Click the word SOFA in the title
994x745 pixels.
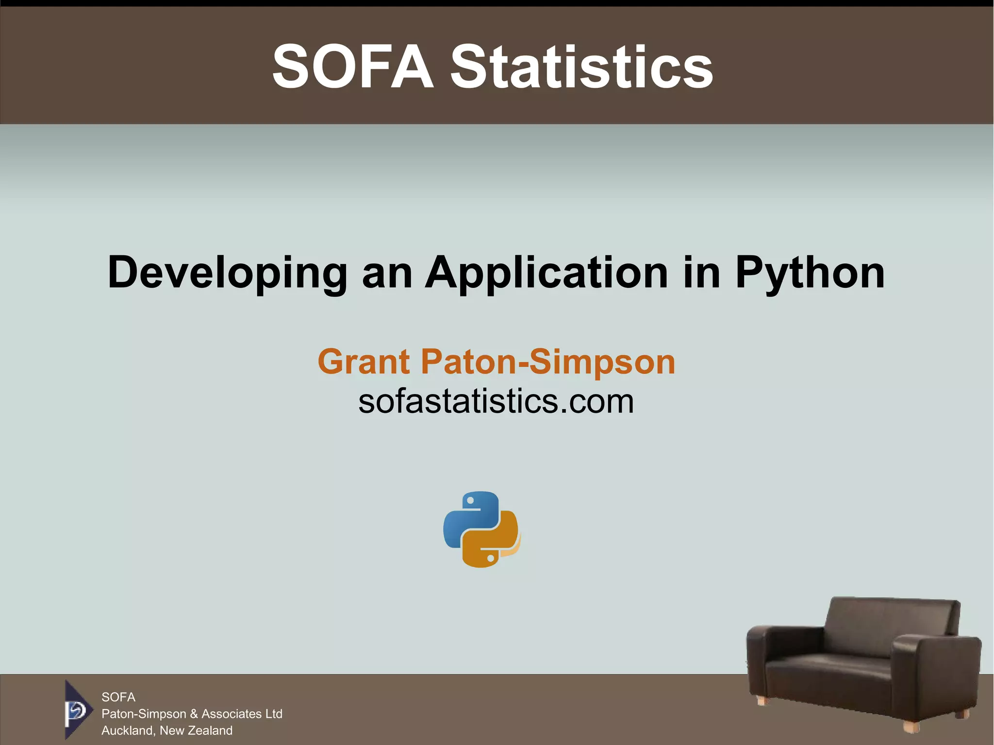point(353,66)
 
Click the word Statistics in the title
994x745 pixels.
point(581,66)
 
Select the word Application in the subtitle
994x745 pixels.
point(547,273)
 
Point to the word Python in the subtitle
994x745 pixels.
point(810,273)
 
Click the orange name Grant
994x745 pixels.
point(364,362)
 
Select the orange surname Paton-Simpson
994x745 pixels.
point(548,362)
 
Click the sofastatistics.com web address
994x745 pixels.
point(496,401)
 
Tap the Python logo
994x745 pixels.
point(481,529)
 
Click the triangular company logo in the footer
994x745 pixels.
point(77,710)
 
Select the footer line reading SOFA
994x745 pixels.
point(118,697)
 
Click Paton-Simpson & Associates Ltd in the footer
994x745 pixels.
point(192,713)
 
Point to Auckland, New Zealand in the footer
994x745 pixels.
point(167,730)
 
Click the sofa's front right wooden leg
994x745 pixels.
point(911,727)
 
